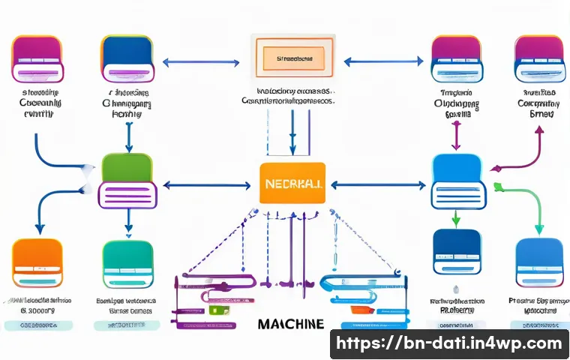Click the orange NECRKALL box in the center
292,183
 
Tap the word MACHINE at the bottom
290,324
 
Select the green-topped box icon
127,181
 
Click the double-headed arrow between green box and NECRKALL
206,184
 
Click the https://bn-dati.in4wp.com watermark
448,344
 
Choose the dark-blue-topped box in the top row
127,57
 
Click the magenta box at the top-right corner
538,57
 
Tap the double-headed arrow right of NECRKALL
378,184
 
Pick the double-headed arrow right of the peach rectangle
382,62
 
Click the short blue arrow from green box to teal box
128,220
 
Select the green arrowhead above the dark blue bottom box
455,220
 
